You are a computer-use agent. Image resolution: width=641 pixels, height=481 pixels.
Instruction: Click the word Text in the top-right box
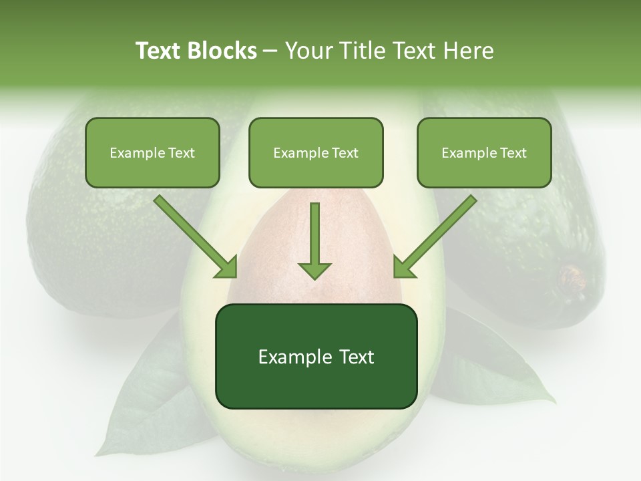[x=513, y=153]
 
